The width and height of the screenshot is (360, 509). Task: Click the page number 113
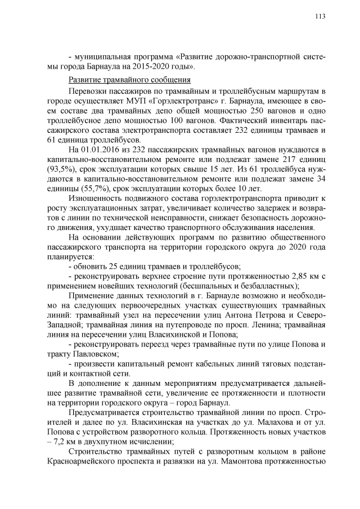point(320,16)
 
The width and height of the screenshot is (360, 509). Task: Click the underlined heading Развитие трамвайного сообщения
point(129,80)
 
